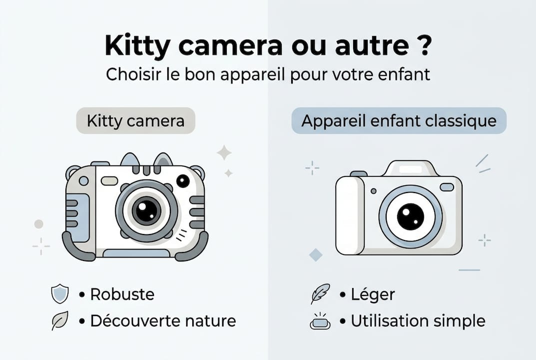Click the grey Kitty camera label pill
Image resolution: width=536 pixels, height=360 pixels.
point(135,121)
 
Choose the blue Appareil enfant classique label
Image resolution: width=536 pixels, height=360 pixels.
point(399,121)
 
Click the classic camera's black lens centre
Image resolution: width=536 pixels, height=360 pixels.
point(410,216)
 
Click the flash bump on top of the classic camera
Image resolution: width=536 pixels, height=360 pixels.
point(410,168)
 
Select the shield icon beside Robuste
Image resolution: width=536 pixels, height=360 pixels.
point(60,294)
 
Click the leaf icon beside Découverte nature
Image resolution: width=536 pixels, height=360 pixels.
point(60,320)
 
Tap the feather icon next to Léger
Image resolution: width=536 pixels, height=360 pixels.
point(320,294)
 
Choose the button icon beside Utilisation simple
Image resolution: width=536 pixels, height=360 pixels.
point(320,321)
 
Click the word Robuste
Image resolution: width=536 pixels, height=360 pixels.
point(122,294)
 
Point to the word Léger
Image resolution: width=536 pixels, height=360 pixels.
point(373,294)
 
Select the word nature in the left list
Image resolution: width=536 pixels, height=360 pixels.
point(210,320)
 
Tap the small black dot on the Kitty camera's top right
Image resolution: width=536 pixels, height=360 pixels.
point(183,181)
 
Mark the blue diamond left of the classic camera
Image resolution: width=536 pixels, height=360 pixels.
point(316,255)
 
